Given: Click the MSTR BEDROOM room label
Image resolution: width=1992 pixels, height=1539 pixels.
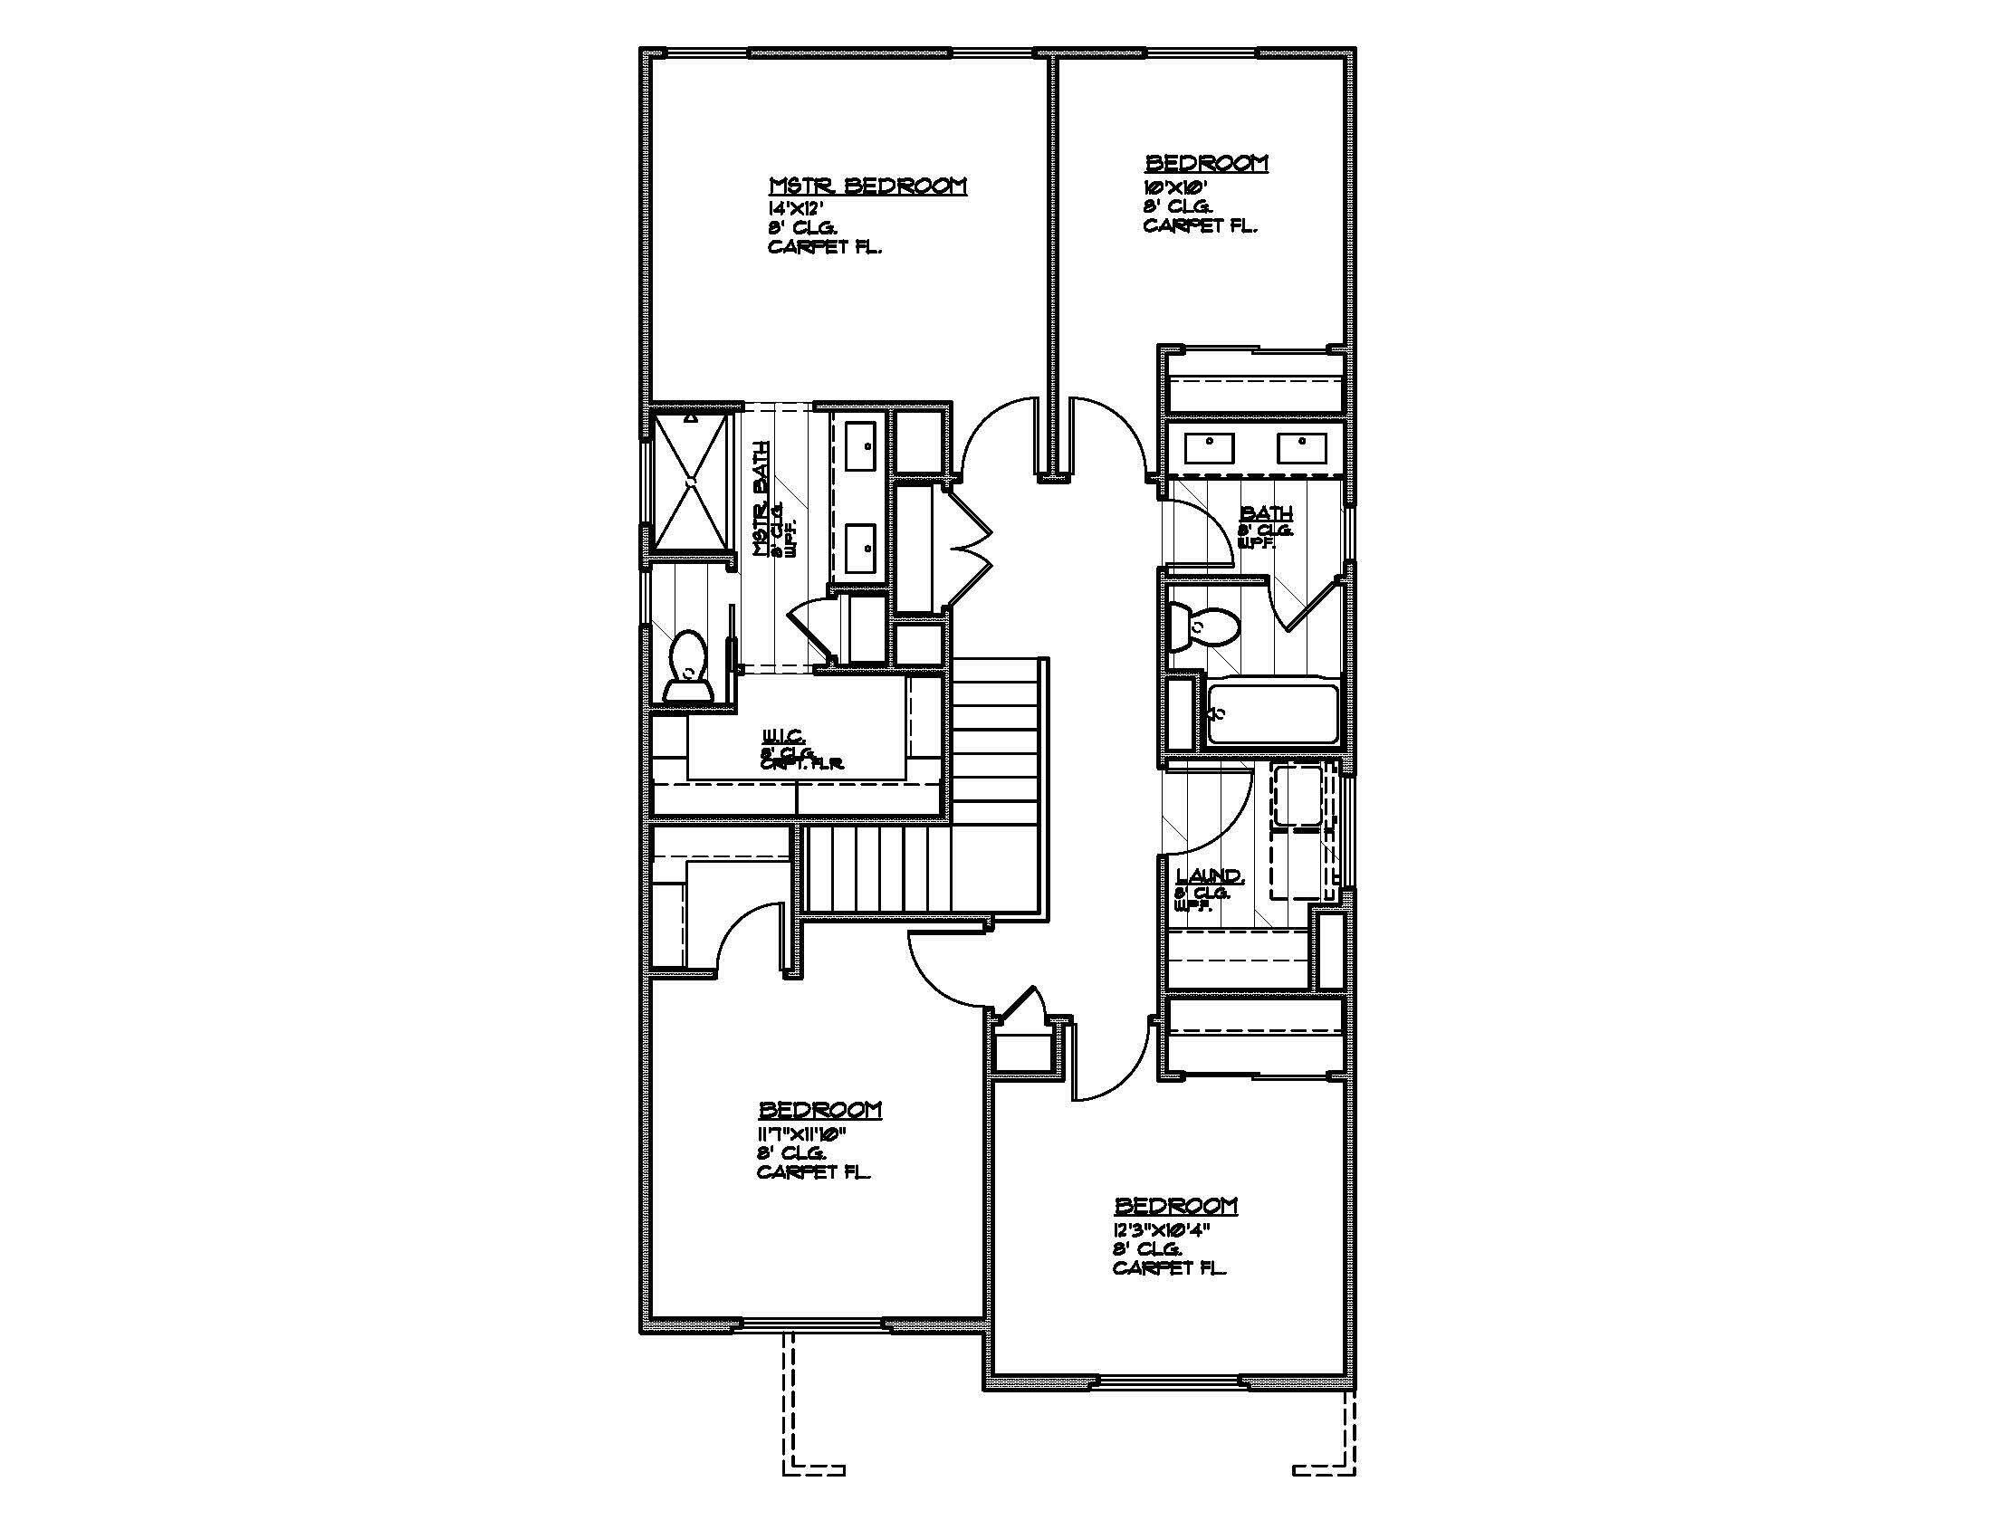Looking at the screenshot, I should click(867, 186).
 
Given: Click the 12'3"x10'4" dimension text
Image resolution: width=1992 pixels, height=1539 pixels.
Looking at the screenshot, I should click(1160, 1229).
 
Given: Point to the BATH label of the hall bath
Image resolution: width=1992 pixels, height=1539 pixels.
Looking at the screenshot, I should click(1266, 513).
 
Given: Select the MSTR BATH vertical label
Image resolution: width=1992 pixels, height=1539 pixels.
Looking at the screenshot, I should click(761, 499).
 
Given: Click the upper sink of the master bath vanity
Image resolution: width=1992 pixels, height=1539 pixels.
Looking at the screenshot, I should click(861, 445).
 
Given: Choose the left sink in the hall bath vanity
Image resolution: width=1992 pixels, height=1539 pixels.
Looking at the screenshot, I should click(1209, 447).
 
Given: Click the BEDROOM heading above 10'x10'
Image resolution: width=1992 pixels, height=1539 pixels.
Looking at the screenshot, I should click(1206, 163).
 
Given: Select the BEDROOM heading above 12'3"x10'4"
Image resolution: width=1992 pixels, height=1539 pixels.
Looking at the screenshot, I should click(1176, 1205).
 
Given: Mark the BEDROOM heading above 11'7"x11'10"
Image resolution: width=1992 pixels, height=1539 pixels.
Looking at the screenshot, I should click(820, 1110).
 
